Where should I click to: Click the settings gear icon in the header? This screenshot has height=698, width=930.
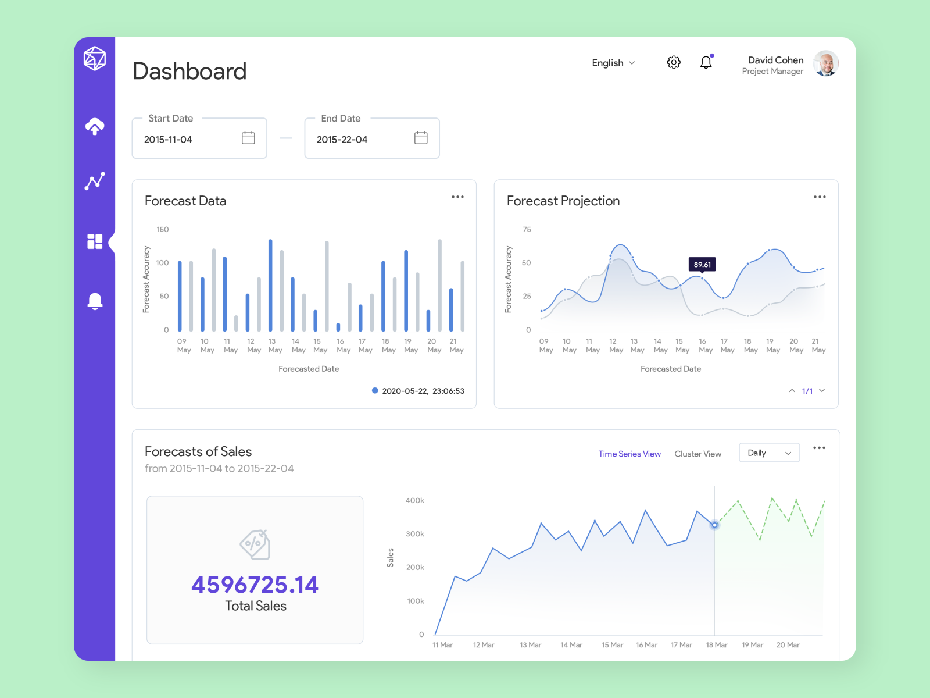[674, 62]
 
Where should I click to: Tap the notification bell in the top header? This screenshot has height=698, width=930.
[706, 62]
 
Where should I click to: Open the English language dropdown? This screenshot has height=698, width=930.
[613, 63]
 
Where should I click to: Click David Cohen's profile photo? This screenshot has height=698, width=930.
[825, 63]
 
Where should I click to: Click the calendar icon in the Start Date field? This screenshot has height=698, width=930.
[248, 138]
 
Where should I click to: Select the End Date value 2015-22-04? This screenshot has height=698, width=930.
[342, 140]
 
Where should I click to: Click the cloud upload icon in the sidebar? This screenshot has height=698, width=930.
[95, 126]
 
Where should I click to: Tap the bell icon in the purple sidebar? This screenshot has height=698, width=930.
[95, 301]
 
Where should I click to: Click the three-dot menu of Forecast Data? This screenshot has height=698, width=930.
[457, 197]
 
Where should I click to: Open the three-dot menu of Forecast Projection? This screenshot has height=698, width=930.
[820, 197]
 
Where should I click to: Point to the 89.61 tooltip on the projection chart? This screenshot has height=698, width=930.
[702, 265]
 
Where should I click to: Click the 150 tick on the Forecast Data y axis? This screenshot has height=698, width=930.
[163, 230]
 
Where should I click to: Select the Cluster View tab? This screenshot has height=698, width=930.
[697, 454]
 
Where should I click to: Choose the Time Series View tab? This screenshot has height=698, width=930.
[629, 454]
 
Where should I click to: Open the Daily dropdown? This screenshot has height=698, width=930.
[769, 453]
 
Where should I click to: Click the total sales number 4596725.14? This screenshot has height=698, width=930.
[255, 585]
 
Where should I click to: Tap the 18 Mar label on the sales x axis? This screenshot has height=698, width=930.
[716, 645]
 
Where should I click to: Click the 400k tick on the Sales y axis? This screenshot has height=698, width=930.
[415, 501]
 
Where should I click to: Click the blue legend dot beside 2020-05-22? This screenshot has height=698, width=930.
[375, 391]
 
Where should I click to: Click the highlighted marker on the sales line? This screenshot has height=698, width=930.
[715, 525]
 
